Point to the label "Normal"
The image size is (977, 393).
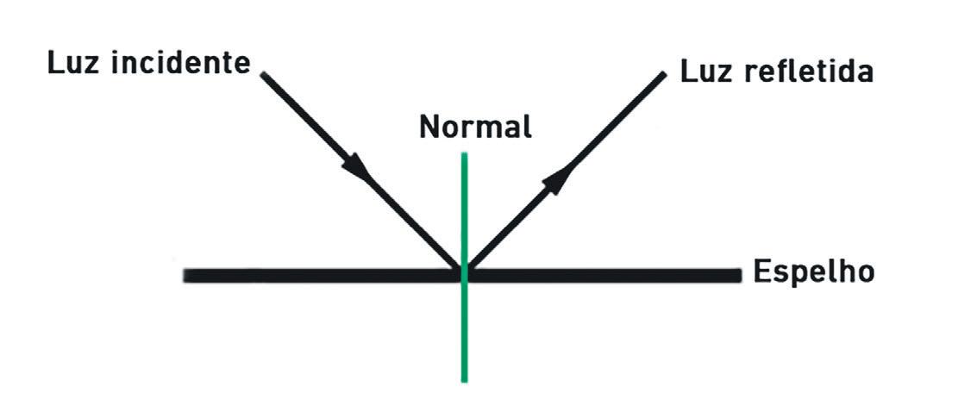click(x=475, y=128)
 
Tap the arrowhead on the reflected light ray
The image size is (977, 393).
click(x=559, y=178)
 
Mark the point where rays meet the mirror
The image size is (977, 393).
click(x=464, y=272)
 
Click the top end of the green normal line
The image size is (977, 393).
click(x=464, y=155)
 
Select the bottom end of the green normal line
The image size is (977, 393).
click(x=464, y=379)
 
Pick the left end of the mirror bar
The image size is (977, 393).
click(x=186, y=276)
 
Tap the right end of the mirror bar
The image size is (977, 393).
click(x=738, y=275)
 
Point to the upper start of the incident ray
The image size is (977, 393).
click(x=263, y=74)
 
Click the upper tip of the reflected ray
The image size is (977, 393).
click(x=664, y=75)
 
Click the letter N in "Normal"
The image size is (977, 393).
click(x=429, y=128)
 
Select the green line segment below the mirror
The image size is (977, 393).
click(x=464, y=332)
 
